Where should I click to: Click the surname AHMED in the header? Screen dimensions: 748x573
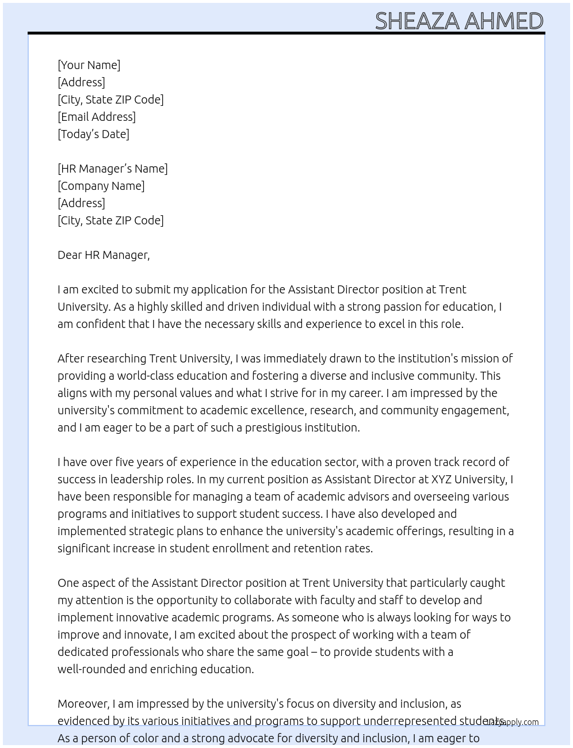tap(503, 21)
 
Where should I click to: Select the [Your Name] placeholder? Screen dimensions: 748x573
tap(89, 65)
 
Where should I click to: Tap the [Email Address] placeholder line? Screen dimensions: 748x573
tap(97, 117)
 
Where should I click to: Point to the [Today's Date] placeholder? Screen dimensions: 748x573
tap(93, 134)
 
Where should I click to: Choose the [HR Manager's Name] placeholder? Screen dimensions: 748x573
tap(113, 169)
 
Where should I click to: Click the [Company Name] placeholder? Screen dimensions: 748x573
tap(101, 186)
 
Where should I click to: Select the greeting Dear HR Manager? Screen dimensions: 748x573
tap(104, 255)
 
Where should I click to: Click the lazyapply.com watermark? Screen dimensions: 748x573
tap(513, 722)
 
